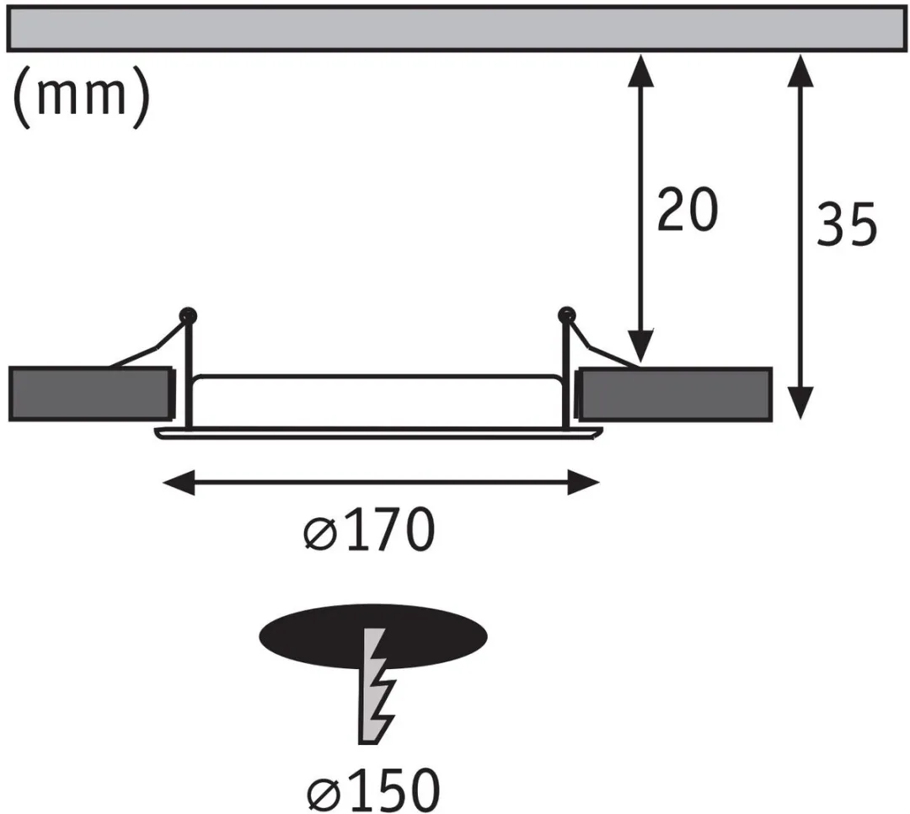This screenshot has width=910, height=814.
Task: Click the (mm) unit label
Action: pos(81,96)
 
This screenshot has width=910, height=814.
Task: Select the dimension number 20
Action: pos(688,209)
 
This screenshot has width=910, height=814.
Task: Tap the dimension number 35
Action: pos(846,223)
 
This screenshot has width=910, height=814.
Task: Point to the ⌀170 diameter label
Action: pos(369,529)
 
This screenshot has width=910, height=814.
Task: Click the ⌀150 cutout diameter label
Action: pos(373,789)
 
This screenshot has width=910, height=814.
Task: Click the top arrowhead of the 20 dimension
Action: pos(640,70)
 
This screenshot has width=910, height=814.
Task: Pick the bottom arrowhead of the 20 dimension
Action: pos(640,345)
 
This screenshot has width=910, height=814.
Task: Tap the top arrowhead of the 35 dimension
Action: pos(801,70)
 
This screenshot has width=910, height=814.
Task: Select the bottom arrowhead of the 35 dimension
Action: pos(801,402)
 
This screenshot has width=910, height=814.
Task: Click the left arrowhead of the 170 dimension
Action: pos(178,483)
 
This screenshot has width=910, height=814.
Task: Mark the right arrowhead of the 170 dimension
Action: pos(583,483)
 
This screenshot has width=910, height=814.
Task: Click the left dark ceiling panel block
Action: pos(91,394)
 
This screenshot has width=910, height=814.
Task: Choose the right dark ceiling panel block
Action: pos(674,394)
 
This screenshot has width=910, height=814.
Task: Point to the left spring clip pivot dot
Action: pos(188,316)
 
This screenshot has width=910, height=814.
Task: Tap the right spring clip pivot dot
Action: pos(566,315)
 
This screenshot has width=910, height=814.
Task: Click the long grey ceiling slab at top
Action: pos(456,29)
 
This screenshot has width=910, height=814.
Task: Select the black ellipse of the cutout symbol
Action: pos(373,635)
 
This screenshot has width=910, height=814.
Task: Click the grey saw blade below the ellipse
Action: pos(375,686)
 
